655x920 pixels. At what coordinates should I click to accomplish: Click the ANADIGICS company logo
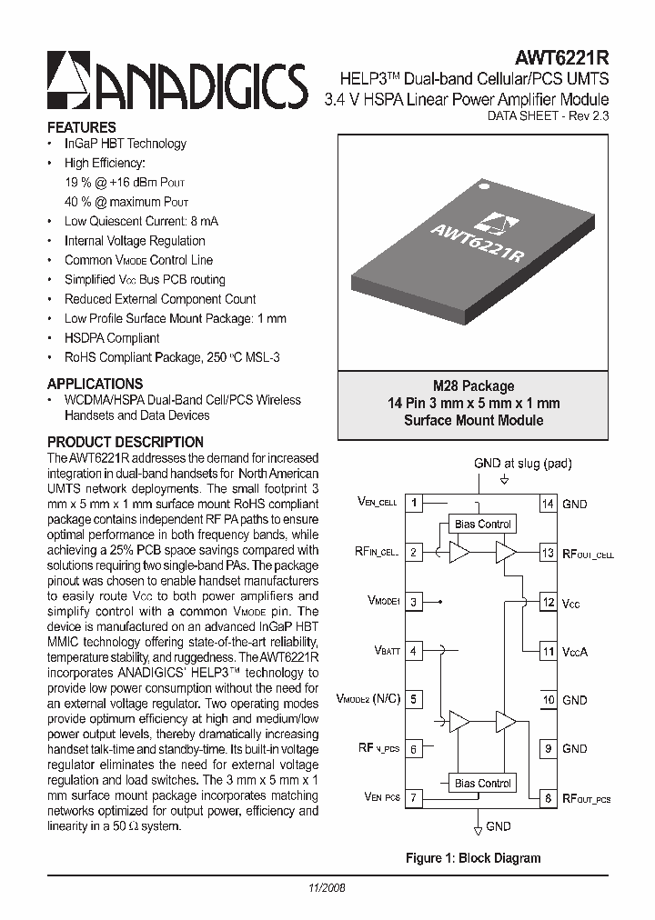click(x=176, y=83)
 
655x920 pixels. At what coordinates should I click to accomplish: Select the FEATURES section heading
click(x=82, y=127)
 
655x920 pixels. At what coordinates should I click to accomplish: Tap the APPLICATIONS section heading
click(x=95, y=384)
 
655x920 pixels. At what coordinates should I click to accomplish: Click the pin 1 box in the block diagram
click(x=414, y=503)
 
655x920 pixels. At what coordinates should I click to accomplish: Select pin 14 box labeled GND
click(x=548, y=504)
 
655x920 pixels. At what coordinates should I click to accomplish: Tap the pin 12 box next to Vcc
click(x=548, y=602)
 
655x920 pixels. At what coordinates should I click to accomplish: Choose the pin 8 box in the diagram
click(x=548, y=798)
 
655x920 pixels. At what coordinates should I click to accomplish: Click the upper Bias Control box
click(x=483, y=524)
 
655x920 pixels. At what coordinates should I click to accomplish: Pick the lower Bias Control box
click(x=483, y=783)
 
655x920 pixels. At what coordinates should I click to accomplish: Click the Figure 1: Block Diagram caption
click(x=473, y=857)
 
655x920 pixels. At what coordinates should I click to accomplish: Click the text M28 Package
click(x=473, y=385)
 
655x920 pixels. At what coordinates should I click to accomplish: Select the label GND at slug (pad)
click(x=522, y=463)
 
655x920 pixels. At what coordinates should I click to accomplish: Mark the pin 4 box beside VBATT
click(x=414, y=651)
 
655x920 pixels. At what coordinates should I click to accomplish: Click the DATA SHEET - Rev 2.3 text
click(x=548, y=116)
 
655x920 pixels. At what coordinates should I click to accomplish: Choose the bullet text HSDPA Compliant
click(x=112, y=338)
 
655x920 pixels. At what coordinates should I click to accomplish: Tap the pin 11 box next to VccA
click(x=548, y=651)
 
